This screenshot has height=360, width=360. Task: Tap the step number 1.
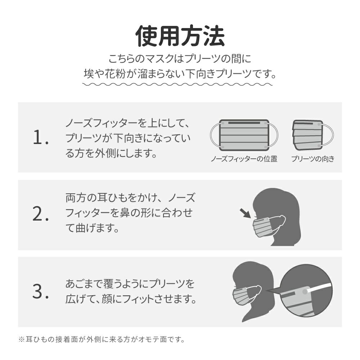coord(41,137)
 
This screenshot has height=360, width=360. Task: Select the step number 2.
coord(41,214)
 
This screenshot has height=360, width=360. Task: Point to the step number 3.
coord(41,291)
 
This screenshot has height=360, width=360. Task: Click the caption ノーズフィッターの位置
coord(244,159)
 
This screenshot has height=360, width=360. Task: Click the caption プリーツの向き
coord(313,159)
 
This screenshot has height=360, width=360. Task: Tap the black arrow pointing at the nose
coord(245,213)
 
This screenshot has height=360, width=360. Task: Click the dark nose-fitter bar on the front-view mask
coord(244,123)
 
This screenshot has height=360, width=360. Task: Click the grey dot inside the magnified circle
coord(305,292)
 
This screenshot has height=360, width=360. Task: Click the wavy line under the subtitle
coord(177,85)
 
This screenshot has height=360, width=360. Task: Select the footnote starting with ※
coord(102,339)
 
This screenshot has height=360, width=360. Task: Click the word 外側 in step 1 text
coord(105,153)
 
